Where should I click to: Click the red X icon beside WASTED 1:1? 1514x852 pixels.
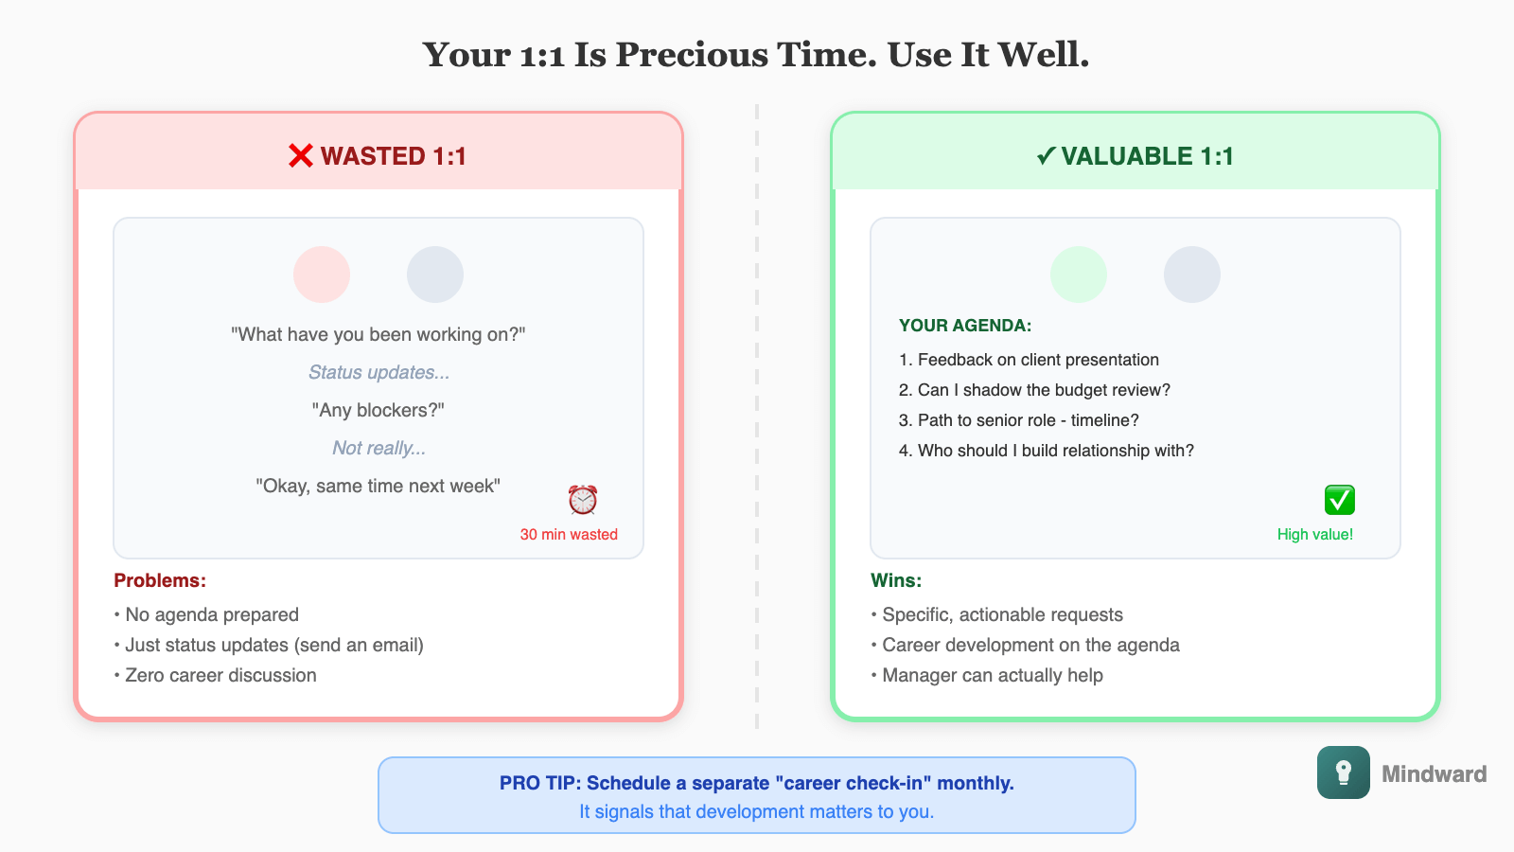(301, 156)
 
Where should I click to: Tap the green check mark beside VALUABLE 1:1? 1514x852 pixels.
(1046, 156)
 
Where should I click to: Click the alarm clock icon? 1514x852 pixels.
(583, 499)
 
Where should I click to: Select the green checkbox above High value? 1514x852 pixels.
(1339, 499)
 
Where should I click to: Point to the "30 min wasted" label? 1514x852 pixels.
(569, 535)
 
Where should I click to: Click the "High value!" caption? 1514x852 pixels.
(1314, 535)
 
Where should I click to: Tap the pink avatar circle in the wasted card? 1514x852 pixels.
(322, 275)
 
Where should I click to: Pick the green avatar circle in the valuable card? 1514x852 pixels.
(1079, 275)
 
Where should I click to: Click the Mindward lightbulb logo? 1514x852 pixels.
(1343, 772)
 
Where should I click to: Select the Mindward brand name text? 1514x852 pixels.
(1434, 774)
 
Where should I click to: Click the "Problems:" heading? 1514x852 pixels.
(160, 580)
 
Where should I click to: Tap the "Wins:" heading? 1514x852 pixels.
(896, 580)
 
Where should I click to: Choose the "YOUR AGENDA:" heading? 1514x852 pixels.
(965, 326)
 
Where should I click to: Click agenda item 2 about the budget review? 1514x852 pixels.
(1034, 390)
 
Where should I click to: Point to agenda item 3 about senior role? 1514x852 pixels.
(1018, 420)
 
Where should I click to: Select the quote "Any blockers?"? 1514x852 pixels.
(378, 410)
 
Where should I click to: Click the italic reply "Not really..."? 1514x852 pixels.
(378, 448)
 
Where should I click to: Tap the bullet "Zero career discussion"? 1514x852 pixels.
(220, 675)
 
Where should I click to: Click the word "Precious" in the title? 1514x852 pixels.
(692, 55)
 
